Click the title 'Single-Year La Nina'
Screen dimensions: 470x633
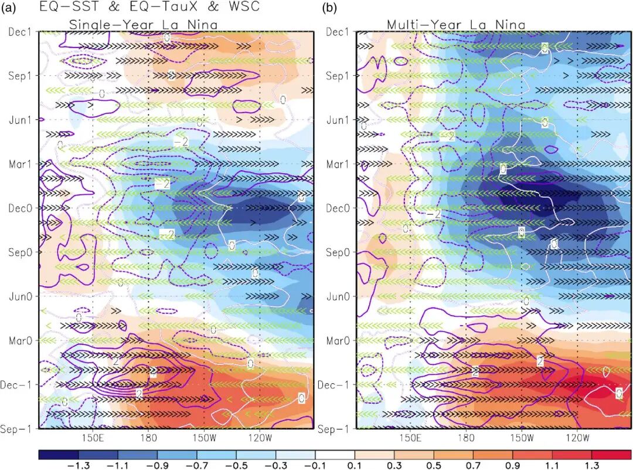tap(144, 25)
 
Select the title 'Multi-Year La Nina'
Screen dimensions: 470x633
tap(455, 25)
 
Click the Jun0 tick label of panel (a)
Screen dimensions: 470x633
tap(20, 296)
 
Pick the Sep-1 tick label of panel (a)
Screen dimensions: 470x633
tap(18, 429)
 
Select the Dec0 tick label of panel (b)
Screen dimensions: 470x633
tap(339, 208)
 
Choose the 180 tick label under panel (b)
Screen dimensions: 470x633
tap(466, 438)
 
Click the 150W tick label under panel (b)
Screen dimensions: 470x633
tap(522, 438)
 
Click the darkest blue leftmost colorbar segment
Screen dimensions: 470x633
tap(58, 454)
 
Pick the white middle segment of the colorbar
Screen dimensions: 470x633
tap(335, 454)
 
